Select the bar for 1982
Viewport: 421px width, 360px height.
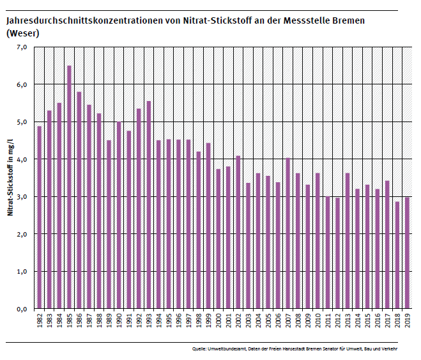pyautogui.click(x=39, y=217)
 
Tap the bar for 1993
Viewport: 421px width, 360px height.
pyautogui.click(x=148, y=205)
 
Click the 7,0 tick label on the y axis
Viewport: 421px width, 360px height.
pyautogui.click(x=21, y=47)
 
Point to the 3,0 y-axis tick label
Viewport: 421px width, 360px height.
pyautogui.click(x=21, y=197)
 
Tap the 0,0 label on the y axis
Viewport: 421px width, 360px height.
pyautogui.click(x=21, y=309)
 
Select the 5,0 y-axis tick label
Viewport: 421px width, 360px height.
pyautogui.click(x=21, y=122)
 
